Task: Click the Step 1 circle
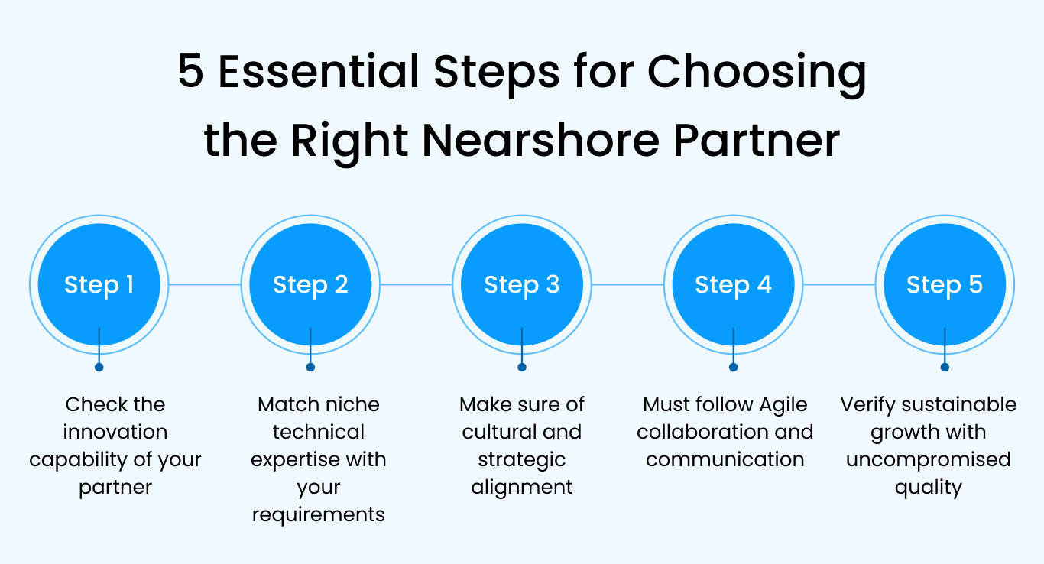click(x=99, y=284)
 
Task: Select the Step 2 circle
click(x=310, y=284)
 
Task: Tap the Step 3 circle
click(x=522, y=284)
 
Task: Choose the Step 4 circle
click(x=733, y=284)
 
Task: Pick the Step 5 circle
click(x=945, y=284)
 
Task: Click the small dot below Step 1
click(x=99, y=367)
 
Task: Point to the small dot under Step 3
click(x=522, y=367)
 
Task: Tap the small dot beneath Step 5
click(x=945, y=367)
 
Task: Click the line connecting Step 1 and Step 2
click(x=204, y=284)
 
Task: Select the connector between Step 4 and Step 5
click(x=838, y=284)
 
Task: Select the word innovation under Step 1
click(x=115, y=432)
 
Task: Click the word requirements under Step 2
click(x=319, y=514)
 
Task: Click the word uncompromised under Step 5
click(x=928, y=459)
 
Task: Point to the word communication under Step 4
click(x=725, y=459)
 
